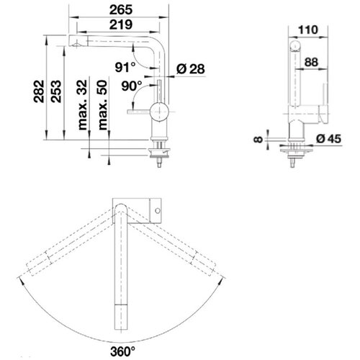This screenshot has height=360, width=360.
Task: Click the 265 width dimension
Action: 121,10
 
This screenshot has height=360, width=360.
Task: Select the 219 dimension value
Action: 121,24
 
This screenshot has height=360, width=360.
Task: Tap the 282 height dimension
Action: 39,91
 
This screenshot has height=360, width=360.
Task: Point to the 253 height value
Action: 56,91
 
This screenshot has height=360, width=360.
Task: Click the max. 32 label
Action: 82,105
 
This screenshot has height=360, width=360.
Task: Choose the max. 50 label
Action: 102,105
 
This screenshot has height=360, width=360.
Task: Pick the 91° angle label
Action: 125,67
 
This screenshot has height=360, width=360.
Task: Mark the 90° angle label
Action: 132,86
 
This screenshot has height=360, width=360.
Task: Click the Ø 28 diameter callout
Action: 191,69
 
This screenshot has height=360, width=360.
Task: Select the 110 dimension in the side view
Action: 308,30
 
